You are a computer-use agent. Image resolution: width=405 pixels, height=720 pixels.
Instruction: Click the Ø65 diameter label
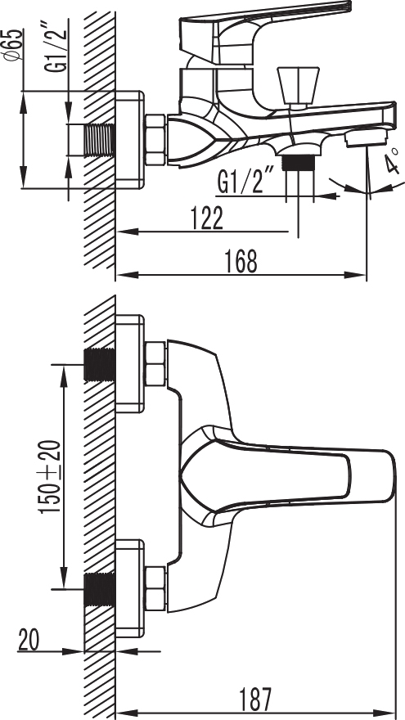14,44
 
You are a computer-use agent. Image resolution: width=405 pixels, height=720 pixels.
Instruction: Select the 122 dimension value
206,218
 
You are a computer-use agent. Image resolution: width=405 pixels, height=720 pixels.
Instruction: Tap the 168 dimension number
241,261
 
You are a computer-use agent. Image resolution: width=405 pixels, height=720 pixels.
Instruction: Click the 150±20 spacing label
51,477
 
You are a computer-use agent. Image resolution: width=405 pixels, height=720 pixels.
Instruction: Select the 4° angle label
391,160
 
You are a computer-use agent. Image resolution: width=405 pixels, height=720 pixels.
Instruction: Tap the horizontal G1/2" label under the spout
245,182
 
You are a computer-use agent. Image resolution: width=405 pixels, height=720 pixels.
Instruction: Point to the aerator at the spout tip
367,137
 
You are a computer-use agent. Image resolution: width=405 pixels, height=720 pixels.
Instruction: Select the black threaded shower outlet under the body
299,163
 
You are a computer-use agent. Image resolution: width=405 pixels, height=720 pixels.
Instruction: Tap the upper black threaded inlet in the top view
100,365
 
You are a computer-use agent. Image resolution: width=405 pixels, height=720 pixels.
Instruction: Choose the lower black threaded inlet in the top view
100,589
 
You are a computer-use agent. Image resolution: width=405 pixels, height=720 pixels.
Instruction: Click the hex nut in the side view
155,140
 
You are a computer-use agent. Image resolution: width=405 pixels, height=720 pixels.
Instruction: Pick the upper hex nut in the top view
155,364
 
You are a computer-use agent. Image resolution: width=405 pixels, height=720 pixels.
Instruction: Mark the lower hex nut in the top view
155,588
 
